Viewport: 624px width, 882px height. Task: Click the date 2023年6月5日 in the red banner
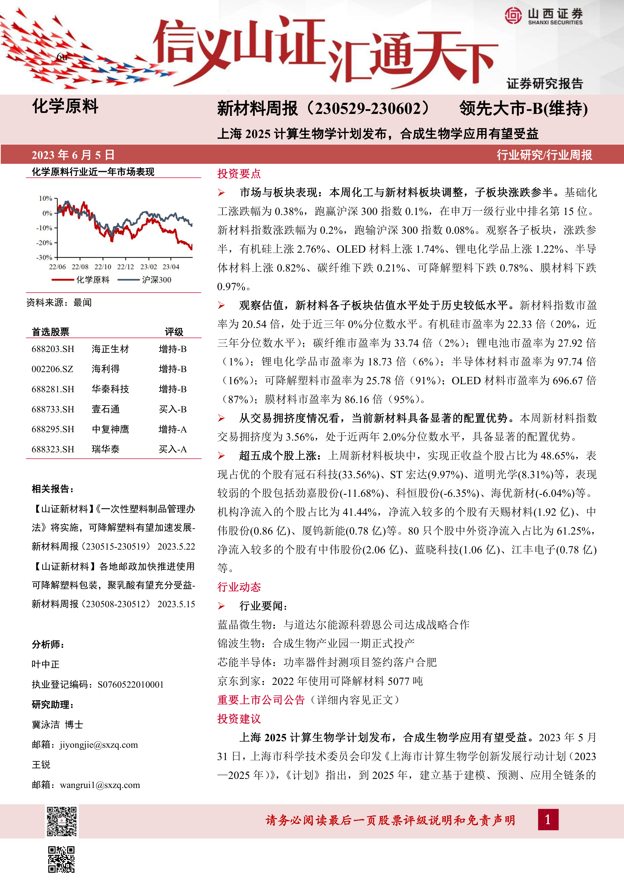(x=73, y=155)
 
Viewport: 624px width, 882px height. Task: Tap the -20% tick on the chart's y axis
(x=45, y=243)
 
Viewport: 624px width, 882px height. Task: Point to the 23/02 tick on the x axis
(x=148, y=267)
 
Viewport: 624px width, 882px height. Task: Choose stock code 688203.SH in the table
(x=53, y=349)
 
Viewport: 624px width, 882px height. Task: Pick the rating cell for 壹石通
(x=173, y=409)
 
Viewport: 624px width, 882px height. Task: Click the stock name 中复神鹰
(x=110, y=429)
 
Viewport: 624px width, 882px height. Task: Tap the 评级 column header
(x=174, y=332)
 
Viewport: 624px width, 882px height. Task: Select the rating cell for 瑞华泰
(x=173, y=449)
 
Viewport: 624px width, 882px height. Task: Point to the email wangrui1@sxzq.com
(x=100, y=785)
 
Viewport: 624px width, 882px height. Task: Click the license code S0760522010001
(x=131, y=685)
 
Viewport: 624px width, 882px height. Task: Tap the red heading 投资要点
(x=239, y=174)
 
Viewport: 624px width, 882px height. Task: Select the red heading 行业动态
(x=239, y=587)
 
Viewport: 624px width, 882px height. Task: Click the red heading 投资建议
(x=239, y=719)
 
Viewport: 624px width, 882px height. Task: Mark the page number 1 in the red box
(x=548, y=820)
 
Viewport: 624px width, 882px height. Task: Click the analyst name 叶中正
(x=46, y=664)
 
